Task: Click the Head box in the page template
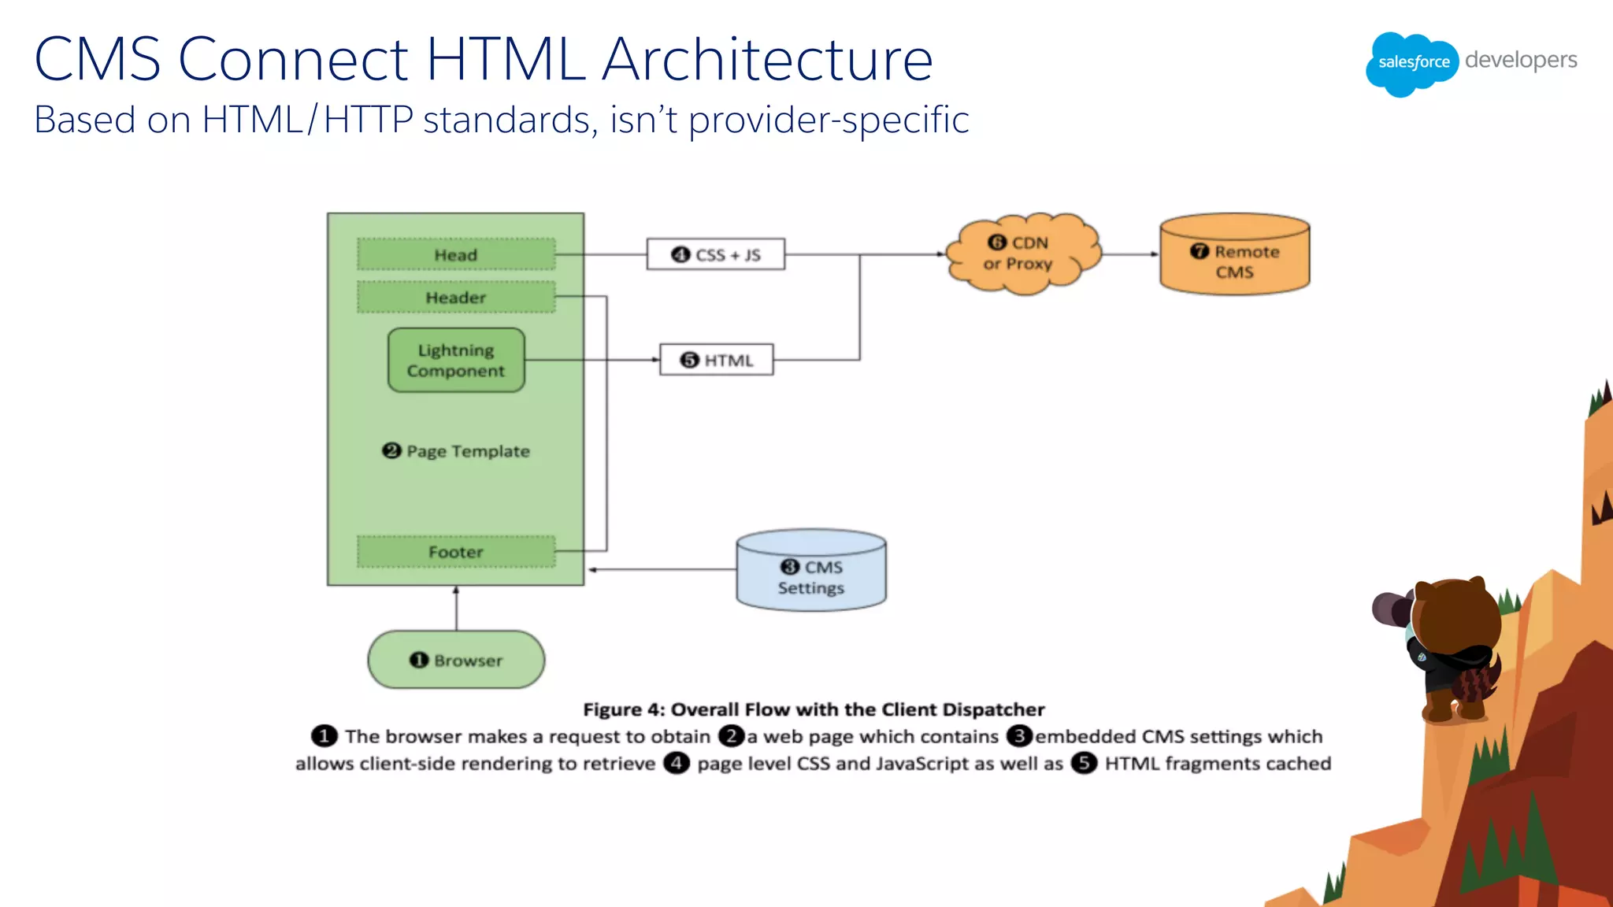coord(456,254)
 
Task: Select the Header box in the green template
coord(456,298)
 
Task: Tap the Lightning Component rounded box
coord(456,361)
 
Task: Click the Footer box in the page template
coord(456,552)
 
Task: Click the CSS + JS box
coord(715,254)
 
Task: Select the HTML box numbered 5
coord(716,360)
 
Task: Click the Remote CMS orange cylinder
coord(1234,255)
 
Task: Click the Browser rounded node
coord(456,660)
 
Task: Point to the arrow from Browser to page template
coord(456,608)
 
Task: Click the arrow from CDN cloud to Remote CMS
coord(1129,254)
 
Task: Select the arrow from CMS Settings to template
coord(662,569)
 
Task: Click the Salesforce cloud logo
coord(1413,63)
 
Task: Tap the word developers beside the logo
coord(1521,61)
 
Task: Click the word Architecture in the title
coord(767,59)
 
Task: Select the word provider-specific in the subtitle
coord(829,120)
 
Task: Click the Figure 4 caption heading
coord(814,709)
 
